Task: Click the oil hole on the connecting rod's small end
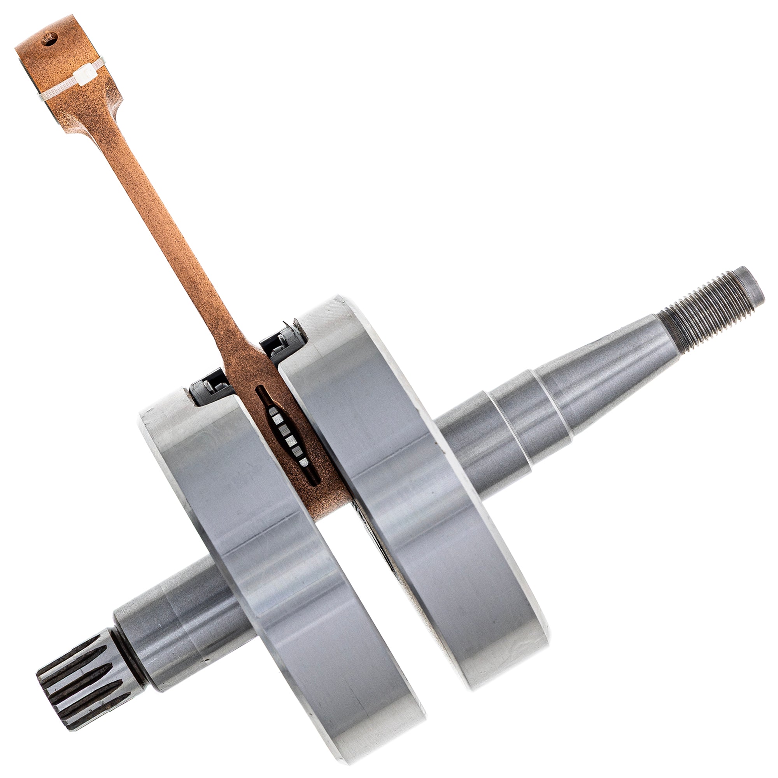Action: [x=49, y=39]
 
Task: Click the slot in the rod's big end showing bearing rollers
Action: [x=287, y=435]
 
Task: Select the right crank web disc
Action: [x=423, y=503]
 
